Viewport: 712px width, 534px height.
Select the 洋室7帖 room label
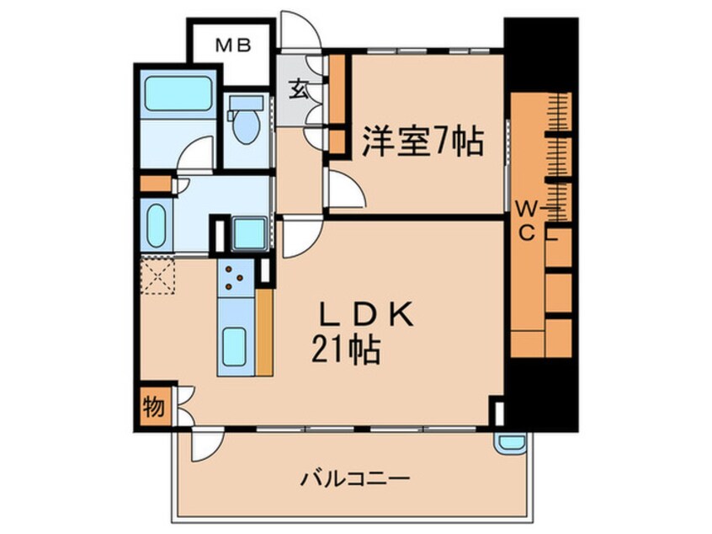422,142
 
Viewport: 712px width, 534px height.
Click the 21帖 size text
347,349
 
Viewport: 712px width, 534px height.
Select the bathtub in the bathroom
178,94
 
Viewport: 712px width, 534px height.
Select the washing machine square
249,232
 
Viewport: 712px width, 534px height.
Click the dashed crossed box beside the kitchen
157,275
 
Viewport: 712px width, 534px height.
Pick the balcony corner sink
511,443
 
